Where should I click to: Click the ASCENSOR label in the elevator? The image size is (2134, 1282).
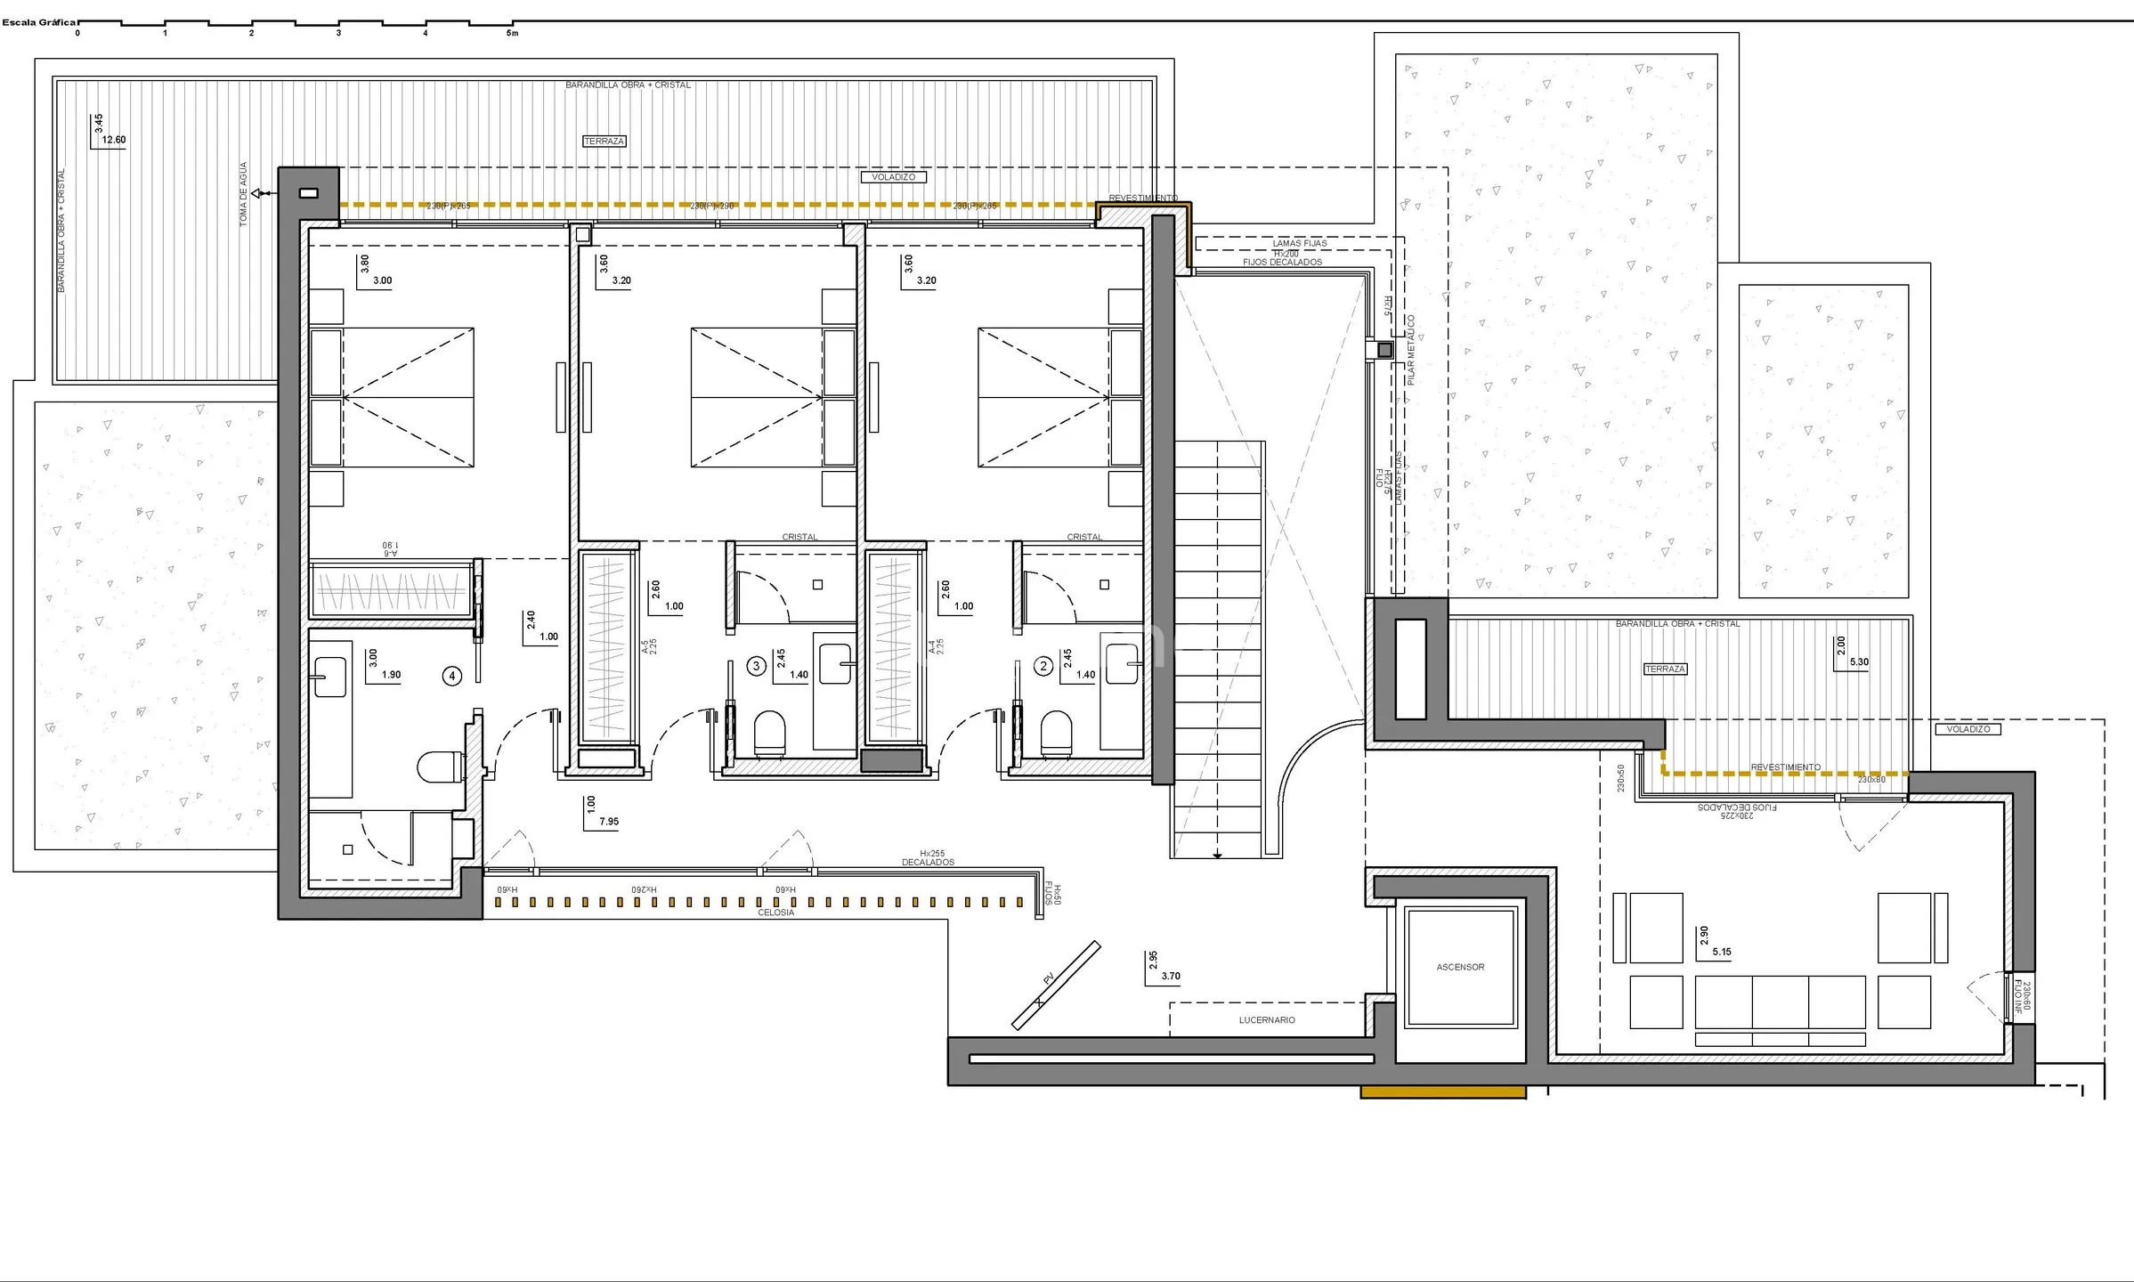pyautogui.click(x=1460, y=967)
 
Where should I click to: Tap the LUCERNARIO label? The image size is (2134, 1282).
pyautogui.click(x=1266, y=1020)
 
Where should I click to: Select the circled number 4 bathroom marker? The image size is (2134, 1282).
pyautogui.click(x=452, y=677)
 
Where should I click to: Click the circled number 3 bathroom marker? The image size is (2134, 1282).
pyautogui.click(x=757, y=666)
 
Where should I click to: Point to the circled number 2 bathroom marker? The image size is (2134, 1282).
pyautogui.click(x=1043, y=666)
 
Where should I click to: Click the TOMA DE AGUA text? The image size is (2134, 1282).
pyautogui.click(x=244, y=194)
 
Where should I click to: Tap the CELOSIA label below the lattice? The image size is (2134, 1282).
pyautogui.click(x=775, y=913)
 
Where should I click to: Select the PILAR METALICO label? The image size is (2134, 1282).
pyautogui.click(x=1411, y=350)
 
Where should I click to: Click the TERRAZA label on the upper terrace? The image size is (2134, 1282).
pyautogui.click(x=604, y=141)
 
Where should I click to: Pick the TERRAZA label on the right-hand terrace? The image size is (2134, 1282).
pyautogui.click(x=1665, y=669)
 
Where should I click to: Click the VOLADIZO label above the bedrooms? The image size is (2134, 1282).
pyautogui.click(x=893, y=177)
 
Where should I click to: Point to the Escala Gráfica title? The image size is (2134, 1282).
pyautogui.click(x=39, y=22)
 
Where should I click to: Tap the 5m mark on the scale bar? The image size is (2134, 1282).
pyautogui.click(x=512, y=33)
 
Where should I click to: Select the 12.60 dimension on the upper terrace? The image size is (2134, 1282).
pyautogui.click(x=114, y=140)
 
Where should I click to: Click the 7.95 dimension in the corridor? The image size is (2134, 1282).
pyautogui.click(x=609, y=822)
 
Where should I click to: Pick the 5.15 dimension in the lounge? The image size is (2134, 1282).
pyautogui.click(x=1722, y=952)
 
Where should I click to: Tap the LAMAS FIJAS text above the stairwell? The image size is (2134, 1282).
pyautogui.click(x=1299, y=243)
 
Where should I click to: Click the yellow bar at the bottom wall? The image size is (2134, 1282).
pyautogui.click(x=1442, y=1091)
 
